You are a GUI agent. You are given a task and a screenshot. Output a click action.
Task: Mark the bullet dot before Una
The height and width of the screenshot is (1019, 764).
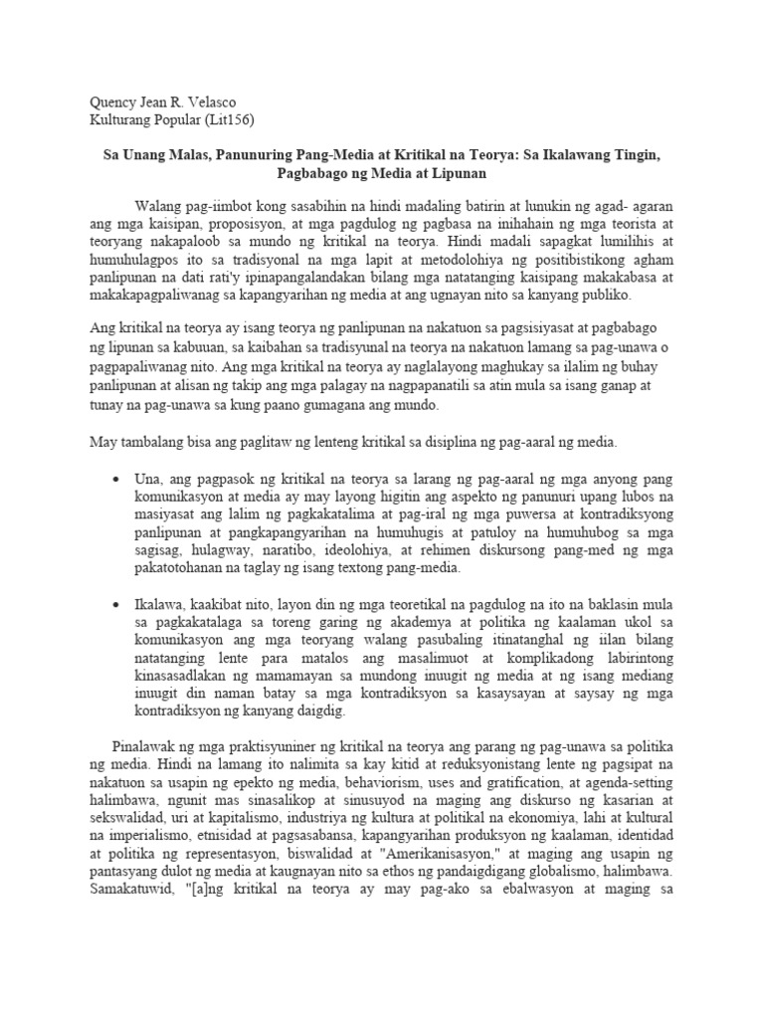[119, 480]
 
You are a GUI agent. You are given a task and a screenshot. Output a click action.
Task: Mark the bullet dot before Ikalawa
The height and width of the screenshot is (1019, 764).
[119, 604]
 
